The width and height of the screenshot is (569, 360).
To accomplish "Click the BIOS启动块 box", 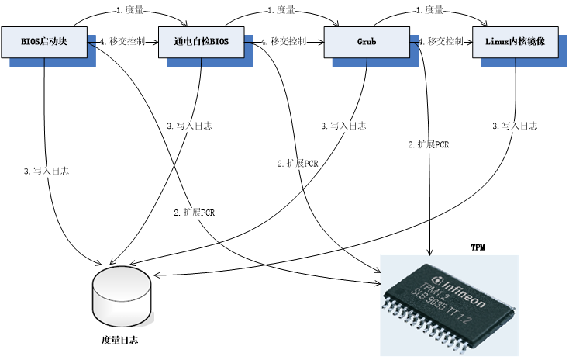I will pyautogui.click(x=43, y=41).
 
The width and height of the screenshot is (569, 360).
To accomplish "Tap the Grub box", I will pyautogui.click(x=367, y=41).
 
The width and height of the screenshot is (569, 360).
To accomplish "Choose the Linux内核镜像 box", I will pyautogui.click(x=514, y=41).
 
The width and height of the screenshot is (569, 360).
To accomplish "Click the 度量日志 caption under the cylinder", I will pyautogui.click(x=121, y=340).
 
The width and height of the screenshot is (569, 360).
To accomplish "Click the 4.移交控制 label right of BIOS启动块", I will pyautogui.click(x=122, y=41).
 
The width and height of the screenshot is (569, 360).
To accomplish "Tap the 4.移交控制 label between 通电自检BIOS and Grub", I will pyautogui.click(x=284, y=41).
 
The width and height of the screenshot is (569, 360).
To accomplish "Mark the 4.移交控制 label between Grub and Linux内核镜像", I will pyautogui.click(x=442, y=41).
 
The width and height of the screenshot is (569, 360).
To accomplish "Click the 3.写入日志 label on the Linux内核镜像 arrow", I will pyautogui.click(x=515, y=126).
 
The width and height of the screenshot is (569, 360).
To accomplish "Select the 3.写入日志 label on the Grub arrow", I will pyautogui.click(x=343, y=126).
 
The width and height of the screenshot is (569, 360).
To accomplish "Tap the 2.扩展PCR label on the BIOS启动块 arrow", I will pyautogui.click(x=194, y=212).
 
